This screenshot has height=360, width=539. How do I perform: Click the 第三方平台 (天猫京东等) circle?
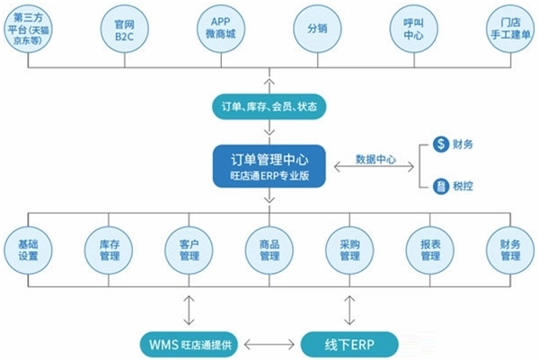click(29, 31)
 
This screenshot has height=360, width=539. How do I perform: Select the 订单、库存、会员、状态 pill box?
click(269, 107)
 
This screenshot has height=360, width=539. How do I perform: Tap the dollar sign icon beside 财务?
click(441, 144)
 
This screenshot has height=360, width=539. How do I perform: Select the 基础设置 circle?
click(29, 250)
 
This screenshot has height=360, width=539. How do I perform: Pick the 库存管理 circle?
click(110, 250)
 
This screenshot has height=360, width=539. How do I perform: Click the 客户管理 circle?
click(190, 250)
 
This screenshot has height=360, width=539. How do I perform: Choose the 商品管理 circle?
click(269, 250)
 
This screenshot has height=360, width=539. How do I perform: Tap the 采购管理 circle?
click(349, 250)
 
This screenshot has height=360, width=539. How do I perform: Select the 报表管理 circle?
click(429, 250)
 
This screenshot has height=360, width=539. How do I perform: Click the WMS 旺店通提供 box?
click(190, 344)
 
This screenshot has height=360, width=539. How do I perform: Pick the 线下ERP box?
click(349, 344)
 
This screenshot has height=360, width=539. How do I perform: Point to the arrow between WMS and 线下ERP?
click(269, 344)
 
